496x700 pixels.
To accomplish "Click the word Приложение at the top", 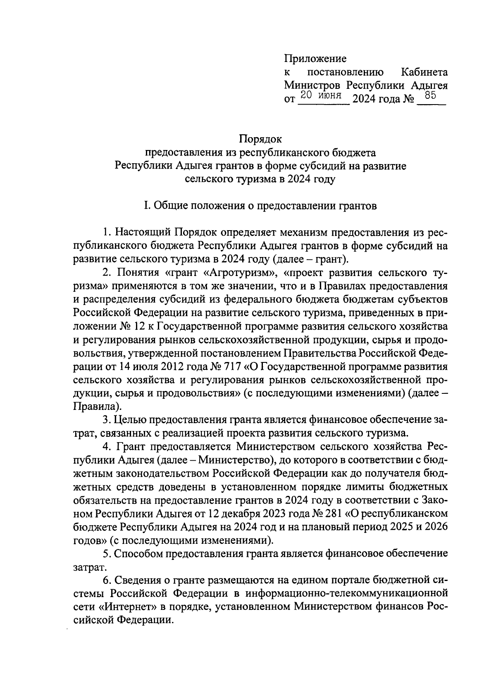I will tap(315, 59).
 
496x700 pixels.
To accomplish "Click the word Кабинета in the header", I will tap(424, 72).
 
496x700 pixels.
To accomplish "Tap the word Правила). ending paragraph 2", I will tap(97, 406).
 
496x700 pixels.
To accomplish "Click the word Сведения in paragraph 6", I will tap(137, 580).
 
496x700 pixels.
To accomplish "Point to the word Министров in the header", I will tap(312, 86).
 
